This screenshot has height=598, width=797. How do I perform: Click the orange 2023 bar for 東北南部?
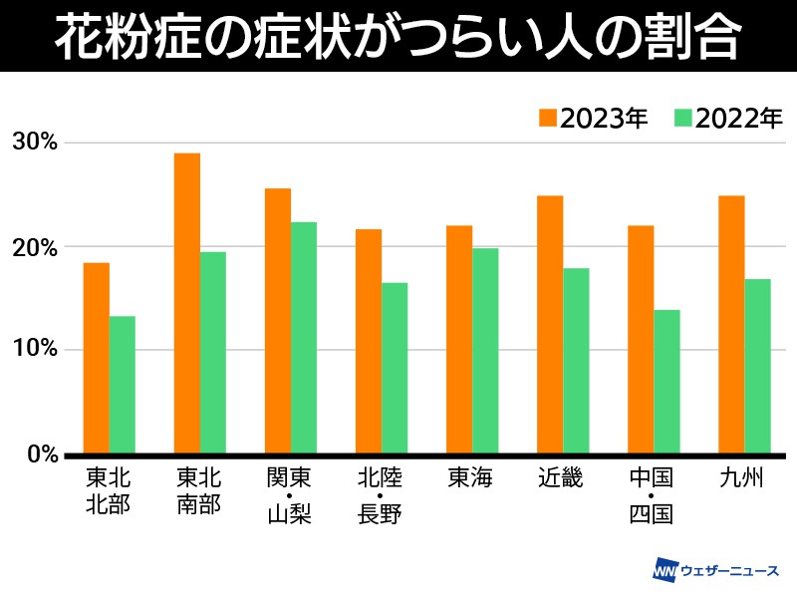pos(186,303)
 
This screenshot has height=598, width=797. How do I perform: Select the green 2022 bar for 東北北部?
pos(123,384)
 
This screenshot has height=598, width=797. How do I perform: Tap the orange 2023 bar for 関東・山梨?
pos(278,320)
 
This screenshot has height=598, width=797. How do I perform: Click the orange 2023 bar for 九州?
pos(731,324)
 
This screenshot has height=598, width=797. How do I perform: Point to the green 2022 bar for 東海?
pos(485,351)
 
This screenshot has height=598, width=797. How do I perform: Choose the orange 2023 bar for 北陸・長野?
pos(369,341)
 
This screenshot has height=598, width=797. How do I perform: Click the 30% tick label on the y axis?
pos(35,143)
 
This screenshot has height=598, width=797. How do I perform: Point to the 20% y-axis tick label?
pos(35,247)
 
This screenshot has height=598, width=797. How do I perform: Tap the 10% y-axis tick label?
pos(35,350)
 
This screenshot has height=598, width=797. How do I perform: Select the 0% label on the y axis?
pos(40,454)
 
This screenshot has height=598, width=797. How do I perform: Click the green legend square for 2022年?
pos(682,118)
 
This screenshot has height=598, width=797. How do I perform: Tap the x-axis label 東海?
pos(471,479)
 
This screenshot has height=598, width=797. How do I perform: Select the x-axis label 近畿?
pos(562,479)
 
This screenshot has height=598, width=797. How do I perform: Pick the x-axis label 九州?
pos(743,479)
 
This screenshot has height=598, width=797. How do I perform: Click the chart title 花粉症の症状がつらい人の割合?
pos(398,37)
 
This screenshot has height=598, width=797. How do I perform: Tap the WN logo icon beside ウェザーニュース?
pos(664,572)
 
